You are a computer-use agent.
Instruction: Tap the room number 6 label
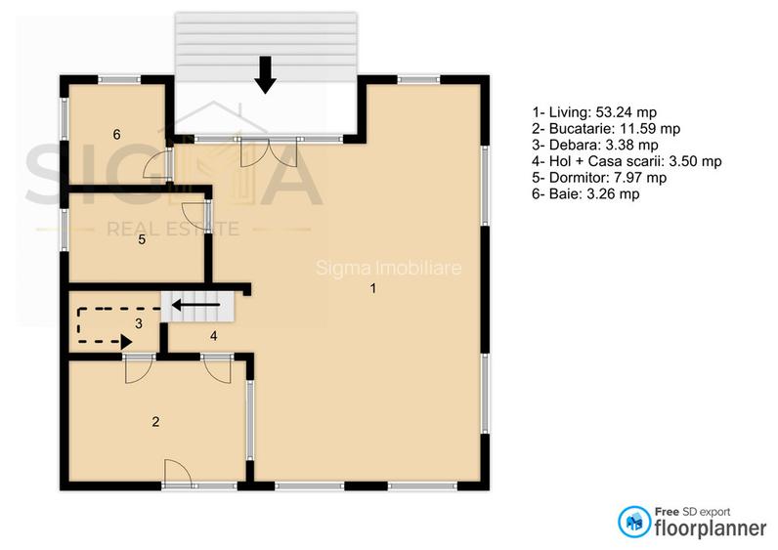tap(116, 135)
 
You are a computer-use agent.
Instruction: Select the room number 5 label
tap(142, 238)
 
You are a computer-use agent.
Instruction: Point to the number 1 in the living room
tap(372, 288)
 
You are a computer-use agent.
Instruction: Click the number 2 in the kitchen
tap(155, 422)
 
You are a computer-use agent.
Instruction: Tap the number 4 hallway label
tap(213, 336)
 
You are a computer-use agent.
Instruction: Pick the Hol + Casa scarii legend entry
tap(626, 161)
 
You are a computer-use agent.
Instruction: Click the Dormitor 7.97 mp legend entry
tap(598, 178)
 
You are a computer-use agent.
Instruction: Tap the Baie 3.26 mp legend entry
tap(584, 194)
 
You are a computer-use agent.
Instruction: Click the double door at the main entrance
tap(268, 151)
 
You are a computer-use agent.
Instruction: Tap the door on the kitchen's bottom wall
tap(177, 473)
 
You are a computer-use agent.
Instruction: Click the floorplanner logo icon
tap(634, 521)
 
